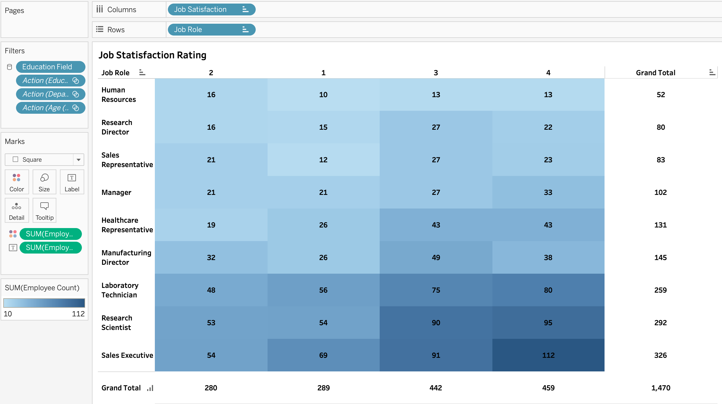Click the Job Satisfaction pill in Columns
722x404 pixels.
tap(211, 9)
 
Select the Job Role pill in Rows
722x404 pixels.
tap(211, 30)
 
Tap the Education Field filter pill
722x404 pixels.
tap(50, 67)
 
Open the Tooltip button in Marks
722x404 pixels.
tap(44, 210)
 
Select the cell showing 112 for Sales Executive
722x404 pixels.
tap(548, 355)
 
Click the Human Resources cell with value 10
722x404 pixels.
tap(323, 95)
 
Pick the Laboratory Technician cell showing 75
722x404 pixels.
tap(436, 290)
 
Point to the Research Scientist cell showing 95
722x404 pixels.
tap(548, 323)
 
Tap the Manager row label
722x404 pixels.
tap(116, 193)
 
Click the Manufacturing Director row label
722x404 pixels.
tap(126, 257)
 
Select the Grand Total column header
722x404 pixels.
tap(656, 73)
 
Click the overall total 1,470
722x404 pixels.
tap(661, 388)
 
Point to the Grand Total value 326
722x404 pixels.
tap(661, 355)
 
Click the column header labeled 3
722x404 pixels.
tap(436, 73)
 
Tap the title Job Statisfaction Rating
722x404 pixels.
tap(152, 55)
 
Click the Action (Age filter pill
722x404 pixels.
tap(50, 108)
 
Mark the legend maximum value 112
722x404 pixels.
tap(78, 314)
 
